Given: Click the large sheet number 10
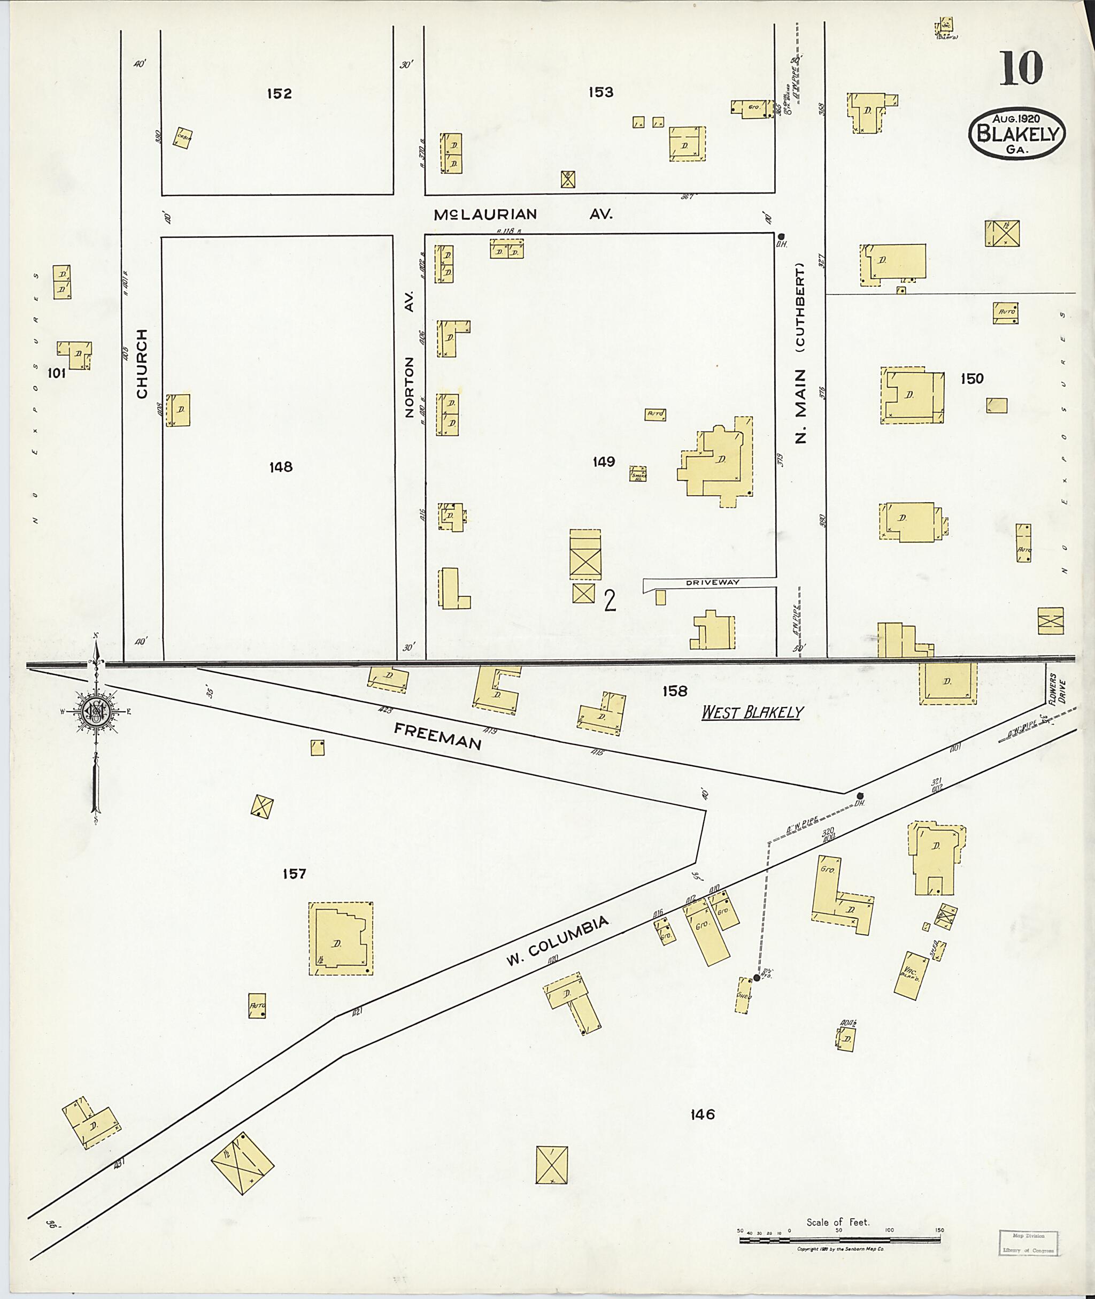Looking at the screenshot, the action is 1021,68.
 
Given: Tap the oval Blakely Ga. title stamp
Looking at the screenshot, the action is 1017,134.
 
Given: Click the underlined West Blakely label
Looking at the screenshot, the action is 752,712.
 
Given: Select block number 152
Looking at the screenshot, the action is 279,94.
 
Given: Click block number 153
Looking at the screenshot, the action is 601,93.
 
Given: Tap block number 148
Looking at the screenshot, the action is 281,467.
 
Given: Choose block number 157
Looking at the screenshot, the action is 294,874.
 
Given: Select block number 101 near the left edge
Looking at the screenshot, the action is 57,374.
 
